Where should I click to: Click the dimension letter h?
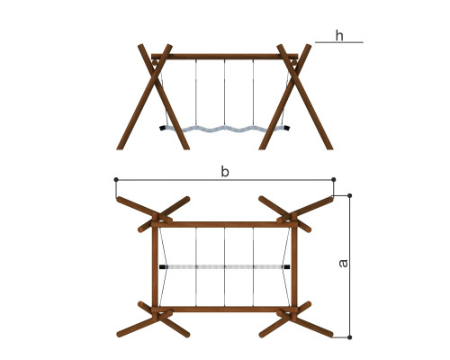click(339, 35)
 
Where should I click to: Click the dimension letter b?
click(225, 172)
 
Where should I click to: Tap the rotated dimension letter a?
click(343, 263)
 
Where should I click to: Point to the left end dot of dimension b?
click(116, 179)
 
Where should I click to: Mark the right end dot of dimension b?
click(334, 179)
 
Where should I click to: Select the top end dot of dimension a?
click(349, 195)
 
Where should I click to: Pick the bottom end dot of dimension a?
click(349, 337)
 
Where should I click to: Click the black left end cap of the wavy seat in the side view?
click(163, 128)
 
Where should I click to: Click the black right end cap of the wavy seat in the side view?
click(287, 128)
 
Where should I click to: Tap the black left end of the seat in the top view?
click(162, 266)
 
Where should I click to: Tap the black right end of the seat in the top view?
click(287, 266)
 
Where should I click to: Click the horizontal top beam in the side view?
click(225, 57)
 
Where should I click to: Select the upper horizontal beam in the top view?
click(225, 224)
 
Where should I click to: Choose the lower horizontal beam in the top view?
click(225, 310)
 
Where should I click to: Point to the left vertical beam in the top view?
click(155, 266)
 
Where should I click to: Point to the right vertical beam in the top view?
click(294, 266)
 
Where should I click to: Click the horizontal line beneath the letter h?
click(339, 42)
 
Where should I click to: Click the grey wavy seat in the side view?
click(225, 130)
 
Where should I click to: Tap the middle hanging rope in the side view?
click(225, 93)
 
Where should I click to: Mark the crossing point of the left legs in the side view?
click(155, 76)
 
